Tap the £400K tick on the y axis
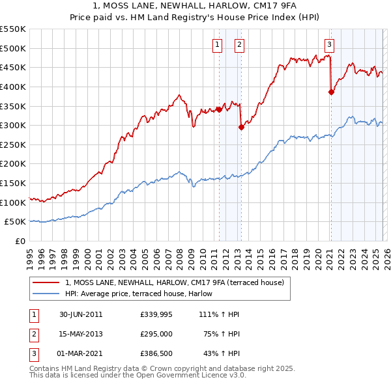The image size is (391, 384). click(12, 87)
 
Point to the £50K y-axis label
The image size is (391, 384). click(15, 222)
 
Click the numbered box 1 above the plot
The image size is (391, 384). click(217, 44)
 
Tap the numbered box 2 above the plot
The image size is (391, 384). click(240, 44)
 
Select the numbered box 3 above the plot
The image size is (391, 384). click(330, 44)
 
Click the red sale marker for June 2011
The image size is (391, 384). click(219, 109)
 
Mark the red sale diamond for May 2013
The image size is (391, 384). click(241, 127)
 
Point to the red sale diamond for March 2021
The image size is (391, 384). click(331, 92)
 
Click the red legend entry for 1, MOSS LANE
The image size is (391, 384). click(174, 282)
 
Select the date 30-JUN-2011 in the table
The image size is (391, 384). click(81, 314)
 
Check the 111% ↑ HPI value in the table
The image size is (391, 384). click(220, 314)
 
